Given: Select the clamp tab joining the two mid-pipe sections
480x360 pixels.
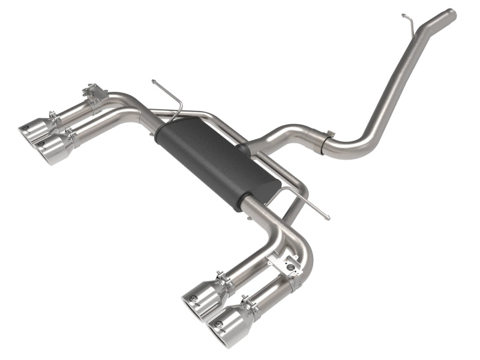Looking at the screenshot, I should [x=326, y=137].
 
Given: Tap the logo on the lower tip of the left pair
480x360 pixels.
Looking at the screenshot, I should [x=41, y=143].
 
